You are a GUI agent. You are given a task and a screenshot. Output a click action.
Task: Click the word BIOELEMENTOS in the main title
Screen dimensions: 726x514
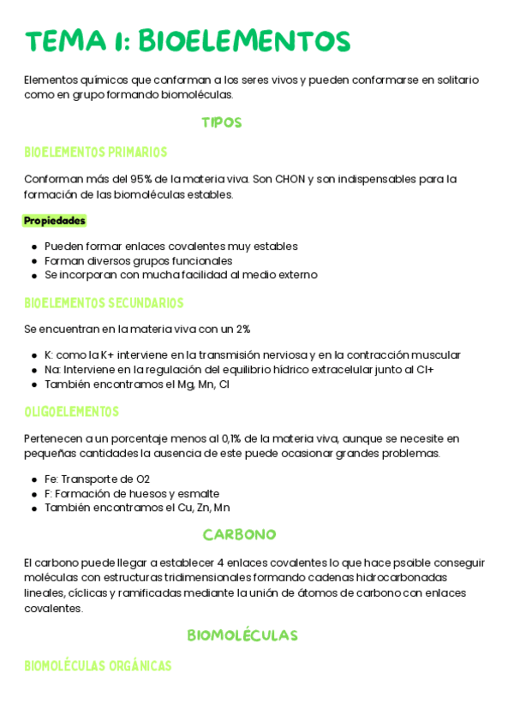244,41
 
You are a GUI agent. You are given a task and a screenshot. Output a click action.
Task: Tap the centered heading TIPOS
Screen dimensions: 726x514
222,122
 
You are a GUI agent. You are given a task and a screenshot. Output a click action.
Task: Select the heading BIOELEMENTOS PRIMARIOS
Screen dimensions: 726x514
95,152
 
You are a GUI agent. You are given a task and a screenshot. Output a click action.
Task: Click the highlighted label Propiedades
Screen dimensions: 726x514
55,221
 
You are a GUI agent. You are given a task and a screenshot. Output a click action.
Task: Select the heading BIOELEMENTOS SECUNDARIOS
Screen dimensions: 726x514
104,303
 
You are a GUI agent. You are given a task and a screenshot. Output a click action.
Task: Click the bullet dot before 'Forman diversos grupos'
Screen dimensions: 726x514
33,261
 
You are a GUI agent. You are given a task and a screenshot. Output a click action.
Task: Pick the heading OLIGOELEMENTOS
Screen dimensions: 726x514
71,412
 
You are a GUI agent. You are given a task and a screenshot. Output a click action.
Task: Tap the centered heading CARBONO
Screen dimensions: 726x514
239,535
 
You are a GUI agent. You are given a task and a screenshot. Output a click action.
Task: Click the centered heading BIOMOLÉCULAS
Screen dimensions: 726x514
242,635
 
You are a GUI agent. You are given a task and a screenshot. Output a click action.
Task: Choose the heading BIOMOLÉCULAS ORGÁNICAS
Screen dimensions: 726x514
98,665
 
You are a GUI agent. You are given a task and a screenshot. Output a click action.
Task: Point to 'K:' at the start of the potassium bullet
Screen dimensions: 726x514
49,355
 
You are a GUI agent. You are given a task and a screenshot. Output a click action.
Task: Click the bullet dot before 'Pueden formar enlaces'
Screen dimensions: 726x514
33,247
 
